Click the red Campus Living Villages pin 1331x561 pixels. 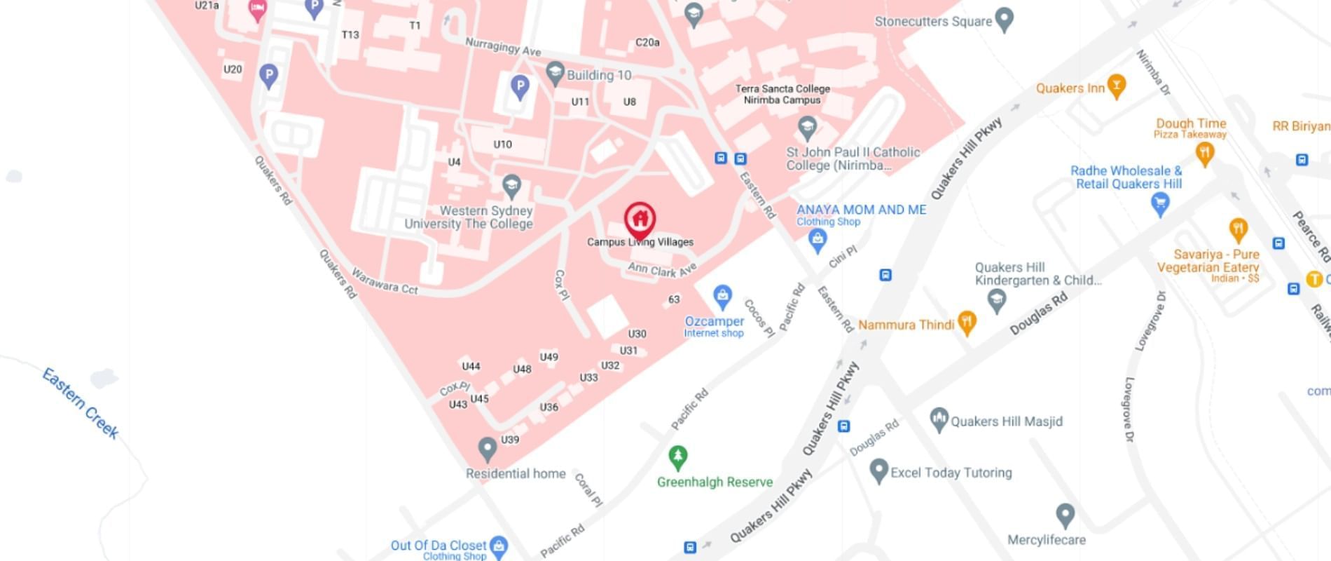tap(640, 219)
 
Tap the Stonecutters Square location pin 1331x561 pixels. tap(1005, 20)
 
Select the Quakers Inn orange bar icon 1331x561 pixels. tap(1117, 86)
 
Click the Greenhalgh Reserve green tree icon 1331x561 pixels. tap(677, 457)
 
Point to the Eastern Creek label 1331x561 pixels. tap(81, 403)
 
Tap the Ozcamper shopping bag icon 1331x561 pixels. tap(722, 297)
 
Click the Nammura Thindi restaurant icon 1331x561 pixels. tap(967, 323)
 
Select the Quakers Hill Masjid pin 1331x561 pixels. tap(939, 419)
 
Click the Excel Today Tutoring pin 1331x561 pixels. tap(878, 471)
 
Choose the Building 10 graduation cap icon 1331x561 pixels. tap(555, 72)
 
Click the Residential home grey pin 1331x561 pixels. tap(487, 449)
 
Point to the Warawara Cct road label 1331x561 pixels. tap(385, 281)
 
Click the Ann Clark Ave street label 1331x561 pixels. tap(662, 269)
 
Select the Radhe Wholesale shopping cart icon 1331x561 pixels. tap(1160, 203)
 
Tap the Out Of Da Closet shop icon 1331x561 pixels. tap(499, 545)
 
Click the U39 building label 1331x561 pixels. tap(510, 440)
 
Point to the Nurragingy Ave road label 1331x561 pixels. tap(503, 46)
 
